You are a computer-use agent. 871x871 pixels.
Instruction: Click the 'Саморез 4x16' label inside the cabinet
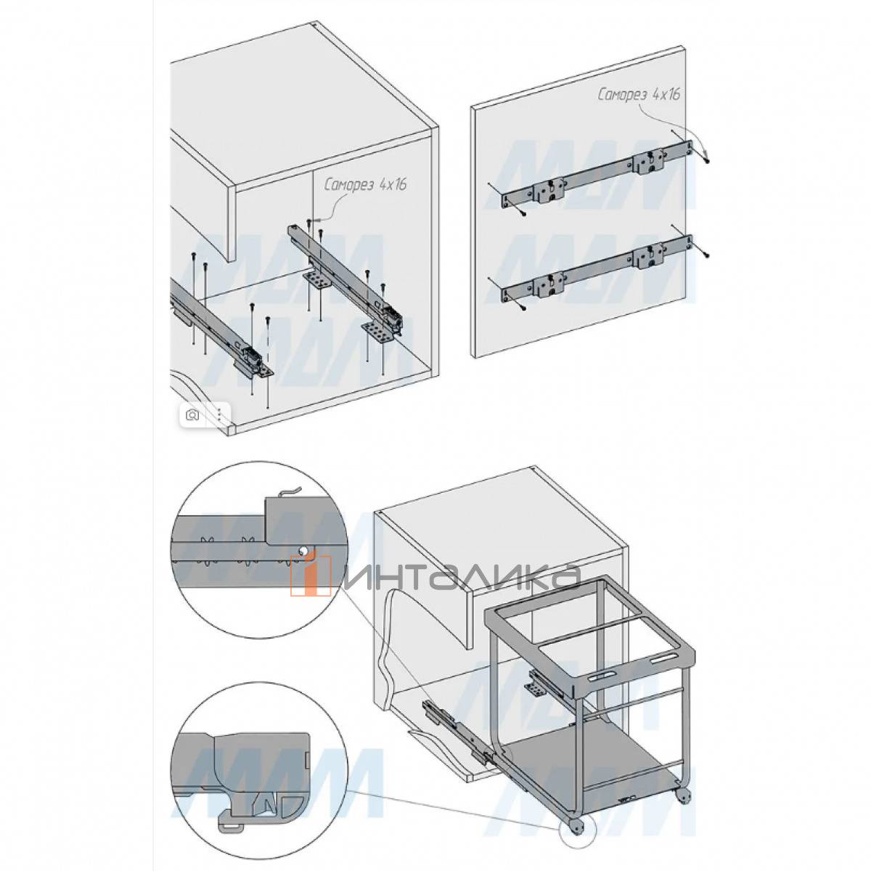[x=366, y=186]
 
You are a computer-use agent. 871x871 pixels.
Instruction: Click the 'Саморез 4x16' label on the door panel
[x=639, y=95]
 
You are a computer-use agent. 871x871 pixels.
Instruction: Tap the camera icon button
[x=193, y=414]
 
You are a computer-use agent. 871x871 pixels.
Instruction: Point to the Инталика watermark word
[x=459, y=577]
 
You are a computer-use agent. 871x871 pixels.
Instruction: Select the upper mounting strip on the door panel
[x=597, y=176]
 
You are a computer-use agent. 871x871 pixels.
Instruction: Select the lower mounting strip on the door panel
[x=597, y=269]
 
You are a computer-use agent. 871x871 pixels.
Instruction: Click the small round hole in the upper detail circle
[x=303, y=550]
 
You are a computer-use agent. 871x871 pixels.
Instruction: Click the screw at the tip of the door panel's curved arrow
[x=707, y=160]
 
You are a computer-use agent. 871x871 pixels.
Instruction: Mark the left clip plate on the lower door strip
[x=550, y=283]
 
